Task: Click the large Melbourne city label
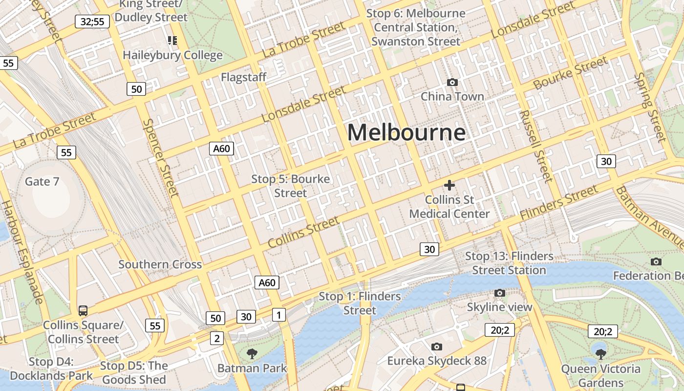tap(406, 132)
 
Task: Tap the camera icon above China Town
tap(452, 83)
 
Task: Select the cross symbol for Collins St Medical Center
tap(449, 185)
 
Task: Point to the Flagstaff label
tap(244, 77)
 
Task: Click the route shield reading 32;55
tap(92, 21)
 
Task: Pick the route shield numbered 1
tap(278, 315)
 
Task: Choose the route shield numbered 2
tap(217, 337)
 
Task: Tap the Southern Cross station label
tap(160, 264)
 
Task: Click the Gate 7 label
tap(42, 182)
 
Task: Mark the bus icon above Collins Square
tap(83, 310)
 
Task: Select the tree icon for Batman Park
tap(252, 353)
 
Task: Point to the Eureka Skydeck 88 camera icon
tap(437, 347)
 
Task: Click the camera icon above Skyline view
tap(499, 293)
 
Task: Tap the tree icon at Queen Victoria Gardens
tap(600, 354)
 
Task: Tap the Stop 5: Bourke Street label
tap(290, 186)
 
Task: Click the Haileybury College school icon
tap(172, 40)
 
